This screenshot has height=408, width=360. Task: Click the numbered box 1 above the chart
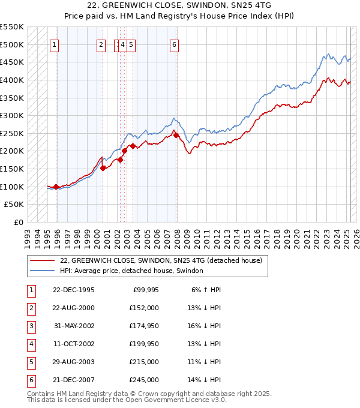click(54, 44)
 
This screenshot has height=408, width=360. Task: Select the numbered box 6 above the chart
click(174, 44)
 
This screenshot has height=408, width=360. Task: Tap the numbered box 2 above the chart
click(101, 44)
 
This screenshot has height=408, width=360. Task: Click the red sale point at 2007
click(176, 135)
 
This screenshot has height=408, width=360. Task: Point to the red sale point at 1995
click(56, 187)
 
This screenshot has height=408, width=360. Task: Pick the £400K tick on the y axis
click(13, 80)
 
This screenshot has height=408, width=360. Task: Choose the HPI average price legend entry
click(131, 271)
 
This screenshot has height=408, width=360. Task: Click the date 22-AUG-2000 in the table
click(74, 308)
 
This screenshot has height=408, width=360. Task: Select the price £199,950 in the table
click(143, 344)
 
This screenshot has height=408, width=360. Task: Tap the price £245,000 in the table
click(143, 380)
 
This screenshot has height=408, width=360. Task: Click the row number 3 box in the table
click(31, 326)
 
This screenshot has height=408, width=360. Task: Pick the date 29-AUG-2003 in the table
click(74, 362)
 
